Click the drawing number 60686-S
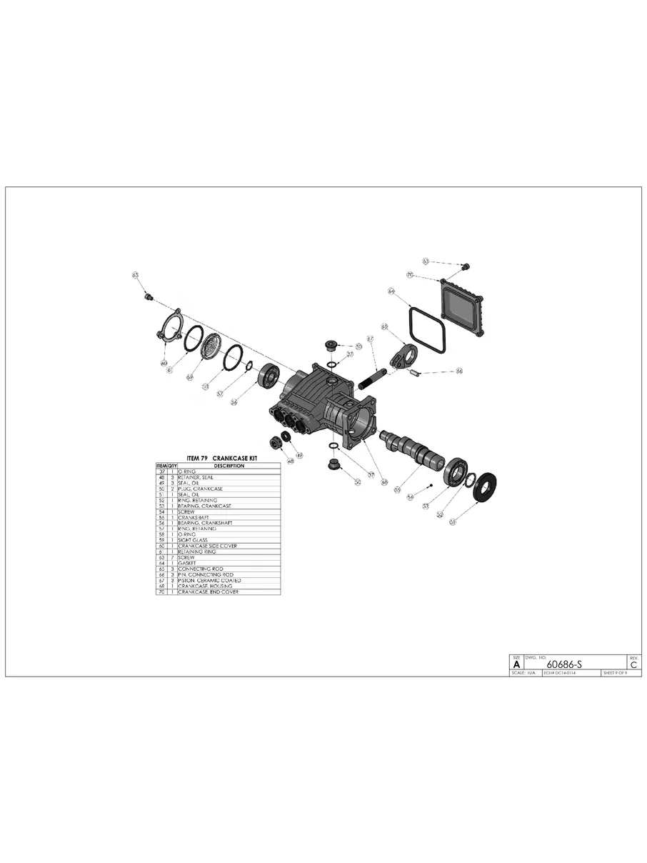pos(564,664)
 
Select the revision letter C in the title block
pos(634,664)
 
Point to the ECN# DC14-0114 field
pos(560,673)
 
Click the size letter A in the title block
pos(516,664)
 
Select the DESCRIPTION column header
pos(229,466)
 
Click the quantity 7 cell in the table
pos(172,557)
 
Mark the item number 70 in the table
pos(161,592)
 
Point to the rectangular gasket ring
pos(427,329)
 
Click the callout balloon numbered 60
pos(164,363)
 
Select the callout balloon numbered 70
pos(410,274)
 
